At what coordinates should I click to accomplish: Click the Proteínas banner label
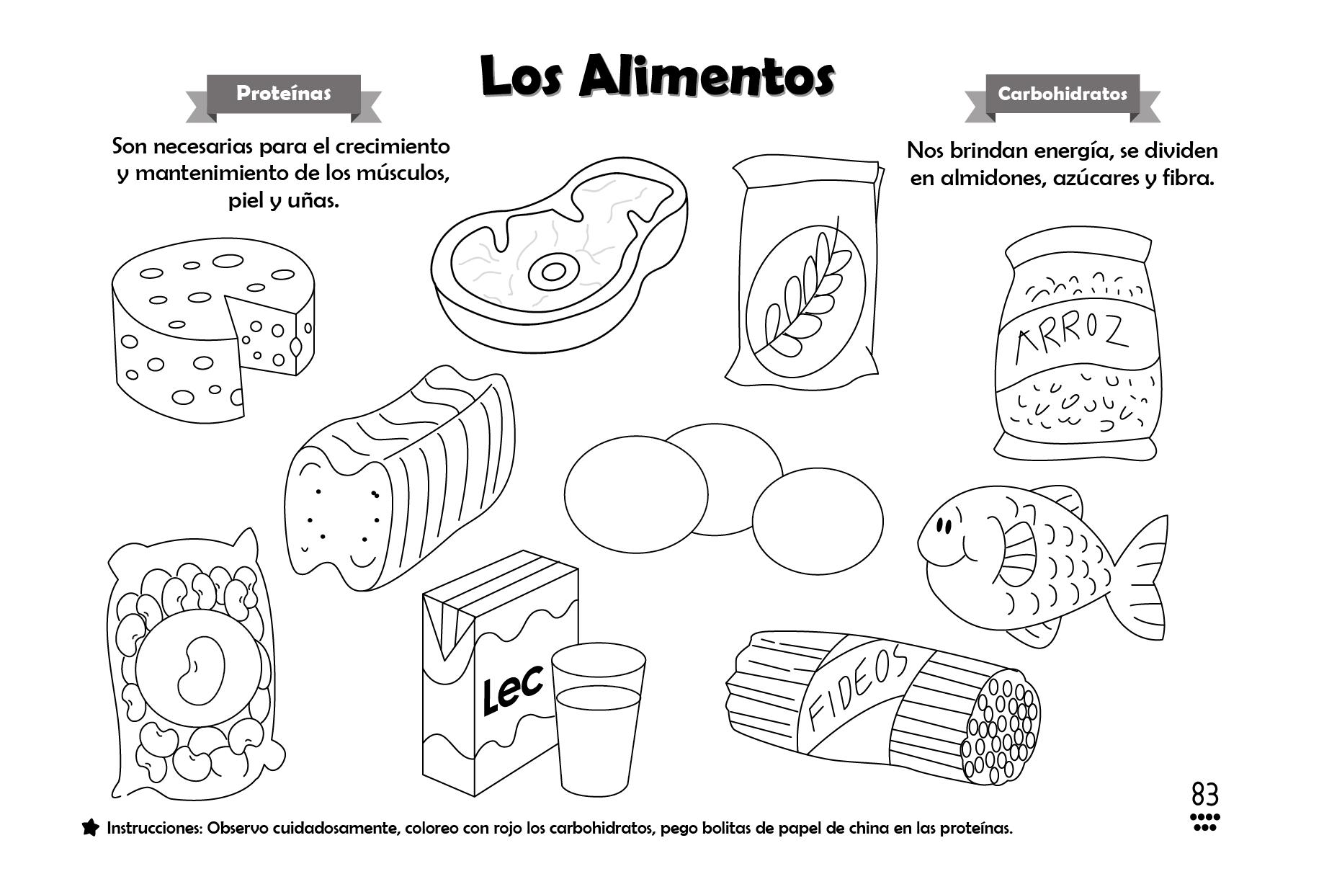tap(283, 94)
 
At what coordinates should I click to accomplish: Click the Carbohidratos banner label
tap(1063, 94)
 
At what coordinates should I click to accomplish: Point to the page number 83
tap(1205, 795)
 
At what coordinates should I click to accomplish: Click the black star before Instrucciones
tap(90, 828)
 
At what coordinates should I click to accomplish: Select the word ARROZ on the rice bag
tap(1070, 339)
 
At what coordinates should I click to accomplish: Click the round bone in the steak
tap(553, 272)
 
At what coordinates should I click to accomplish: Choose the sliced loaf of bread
tap(400, 479)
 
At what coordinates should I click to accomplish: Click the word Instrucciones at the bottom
tap(153, 829)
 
